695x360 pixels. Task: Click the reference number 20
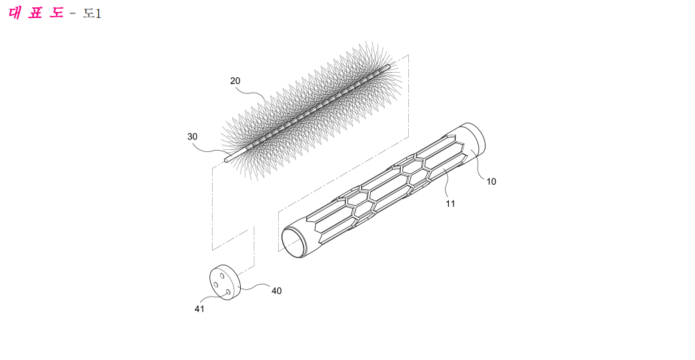tap(235, 81)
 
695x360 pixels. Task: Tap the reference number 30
tap(192, 137)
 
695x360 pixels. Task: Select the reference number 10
tap(491, 181)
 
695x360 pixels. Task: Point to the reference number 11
tap(450, 204)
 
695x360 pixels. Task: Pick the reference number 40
tap(277, 291)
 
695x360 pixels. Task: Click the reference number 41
tap(199, 309)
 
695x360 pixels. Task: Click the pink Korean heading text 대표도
tap(36, 13)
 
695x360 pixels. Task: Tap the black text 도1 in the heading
tap(92, 13)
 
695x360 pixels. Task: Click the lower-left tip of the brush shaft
tap(226, 160)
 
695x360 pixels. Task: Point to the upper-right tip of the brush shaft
tap(389, 67)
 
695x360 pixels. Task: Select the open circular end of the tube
tap(294, 242)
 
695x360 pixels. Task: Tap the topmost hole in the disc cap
tap(222, 276)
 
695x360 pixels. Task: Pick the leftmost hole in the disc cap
tap(216, 285)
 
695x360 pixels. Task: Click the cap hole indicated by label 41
tap(227, 292)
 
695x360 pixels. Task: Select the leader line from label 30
tap(211, 149)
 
